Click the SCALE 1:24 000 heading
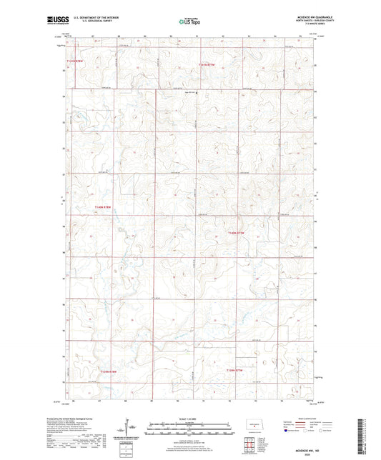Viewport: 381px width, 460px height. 190,419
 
